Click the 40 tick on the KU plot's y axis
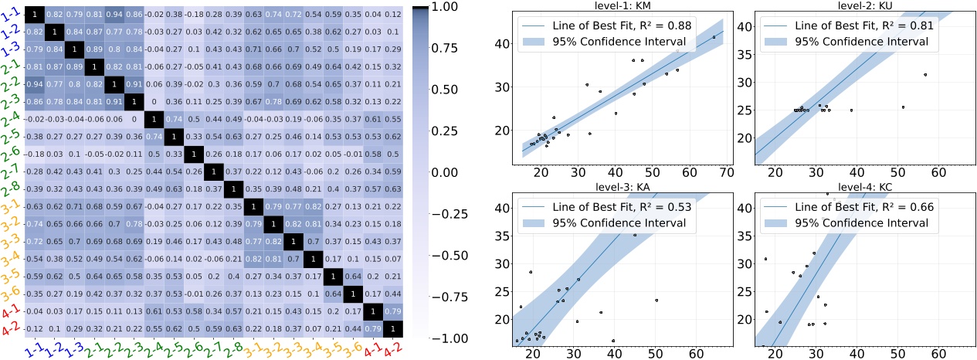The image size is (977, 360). point(744,26)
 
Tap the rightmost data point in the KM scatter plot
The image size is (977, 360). point(714,36)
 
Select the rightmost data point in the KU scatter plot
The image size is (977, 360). point(924,75)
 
